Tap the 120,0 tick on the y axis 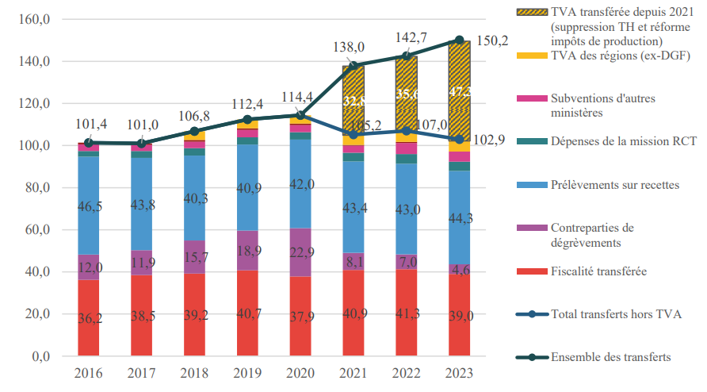point(36,103)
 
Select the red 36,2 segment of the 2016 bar point(89,318)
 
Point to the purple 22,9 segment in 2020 point(300,252)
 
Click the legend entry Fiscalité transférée point(598,271)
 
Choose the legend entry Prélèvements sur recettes point(614,185)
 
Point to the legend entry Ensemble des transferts point(611,357)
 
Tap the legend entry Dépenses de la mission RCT point(623,141)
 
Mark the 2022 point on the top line point(407,56)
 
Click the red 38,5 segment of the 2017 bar point(142,316)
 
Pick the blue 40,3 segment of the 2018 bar point(195,198)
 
